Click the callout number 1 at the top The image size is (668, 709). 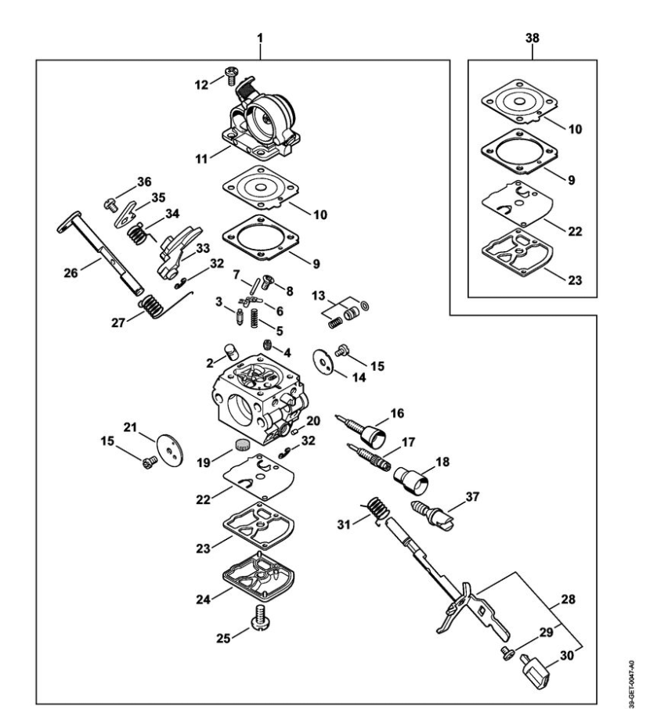[x=260, y=38]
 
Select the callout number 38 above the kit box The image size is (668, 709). [x=533, y=38]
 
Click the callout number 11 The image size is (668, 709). [x=201, y=159]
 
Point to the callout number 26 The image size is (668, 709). [x=71, y=272]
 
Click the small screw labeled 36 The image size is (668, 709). [x=110, y=205]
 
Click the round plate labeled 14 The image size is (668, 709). [x=323, y=362]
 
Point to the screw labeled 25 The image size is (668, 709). [x=261, y=617]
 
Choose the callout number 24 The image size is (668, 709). [x=203, y=599]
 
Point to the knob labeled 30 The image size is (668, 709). [x=536, y=671]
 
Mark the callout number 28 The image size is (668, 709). [x=568, y=599]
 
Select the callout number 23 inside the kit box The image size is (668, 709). [x=575, y=280]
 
